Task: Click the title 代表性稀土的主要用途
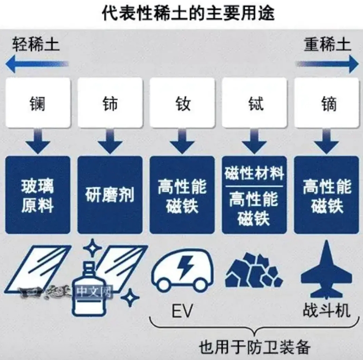click(188, 13)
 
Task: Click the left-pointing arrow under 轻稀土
click(37, 64)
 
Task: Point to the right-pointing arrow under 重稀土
click(327, 64)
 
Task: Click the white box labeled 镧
click(38, 102)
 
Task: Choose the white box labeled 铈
click(110, 102)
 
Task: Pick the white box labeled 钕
click(182, 102)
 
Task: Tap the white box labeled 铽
click(254, 102)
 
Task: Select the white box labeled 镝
click(327, 102)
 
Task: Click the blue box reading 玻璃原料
click(38, 195)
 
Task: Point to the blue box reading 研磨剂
click(110, 195)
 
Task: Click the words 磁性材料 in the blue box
click(254, 173)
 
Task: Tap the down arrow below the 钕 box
click(182, 141)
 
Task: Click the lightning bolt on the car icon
click(185, 267)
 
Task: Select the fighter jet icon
click(326, 270)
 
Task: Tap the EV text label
click(182, 311)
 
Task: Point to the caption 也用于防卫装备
click(254, 347)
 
